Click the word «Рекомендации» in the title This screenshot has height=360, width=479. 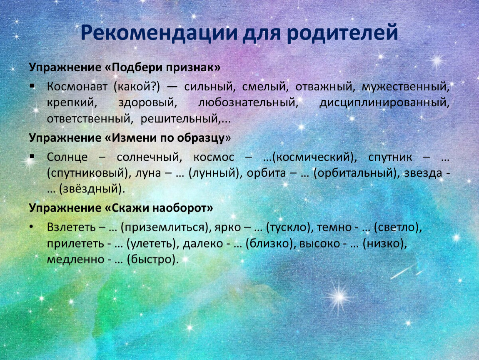[x=159, y=32]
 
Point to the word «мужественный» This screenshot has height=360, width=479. [x=405, y=87]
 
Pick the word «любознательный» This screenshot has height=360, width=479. [x=248, y=102]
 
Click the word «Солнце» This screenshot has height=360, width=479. [x=67, y=157]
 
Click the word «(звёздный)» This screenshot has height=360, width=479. [x=92, y=189]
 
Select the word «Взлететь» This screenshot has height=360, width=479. [x=71, y=227]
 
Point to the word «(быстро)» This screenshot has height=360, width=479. [x=152, y=260]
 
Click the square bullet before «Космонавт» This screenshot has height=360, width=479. [x=32, y=86]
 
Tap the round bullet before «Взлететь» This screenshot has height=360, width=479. [x=32, y=227]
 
